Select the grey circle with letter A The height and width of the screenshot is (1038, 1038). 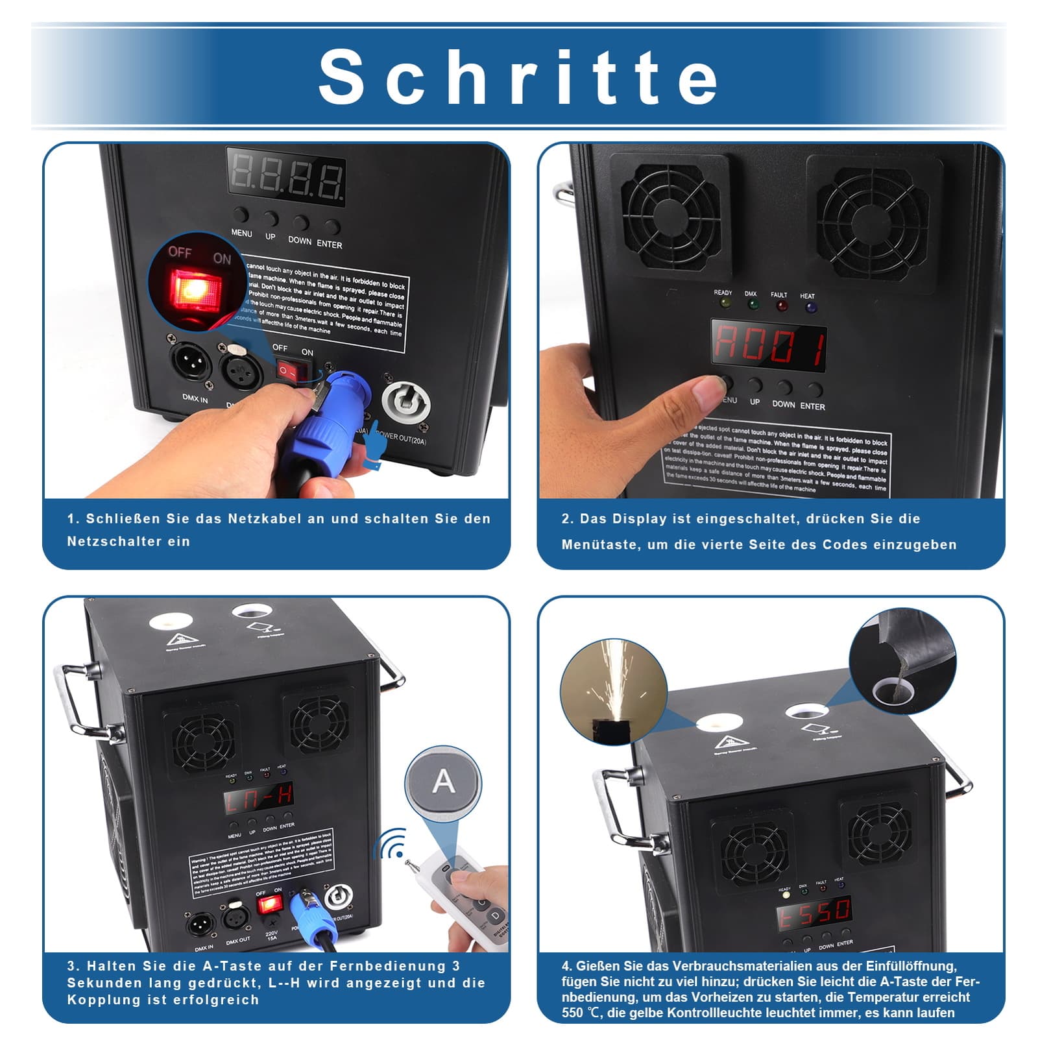[444, 782]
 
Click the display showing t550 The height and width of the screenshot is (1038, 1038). [815, 912]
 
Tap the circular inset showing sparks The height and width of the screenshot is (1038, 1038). [613, 691]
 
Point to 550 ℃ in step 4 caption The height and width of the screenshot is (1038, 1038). [581, 1013]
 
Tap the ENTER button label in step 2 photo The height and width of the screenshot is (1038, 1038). [812, 406]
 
